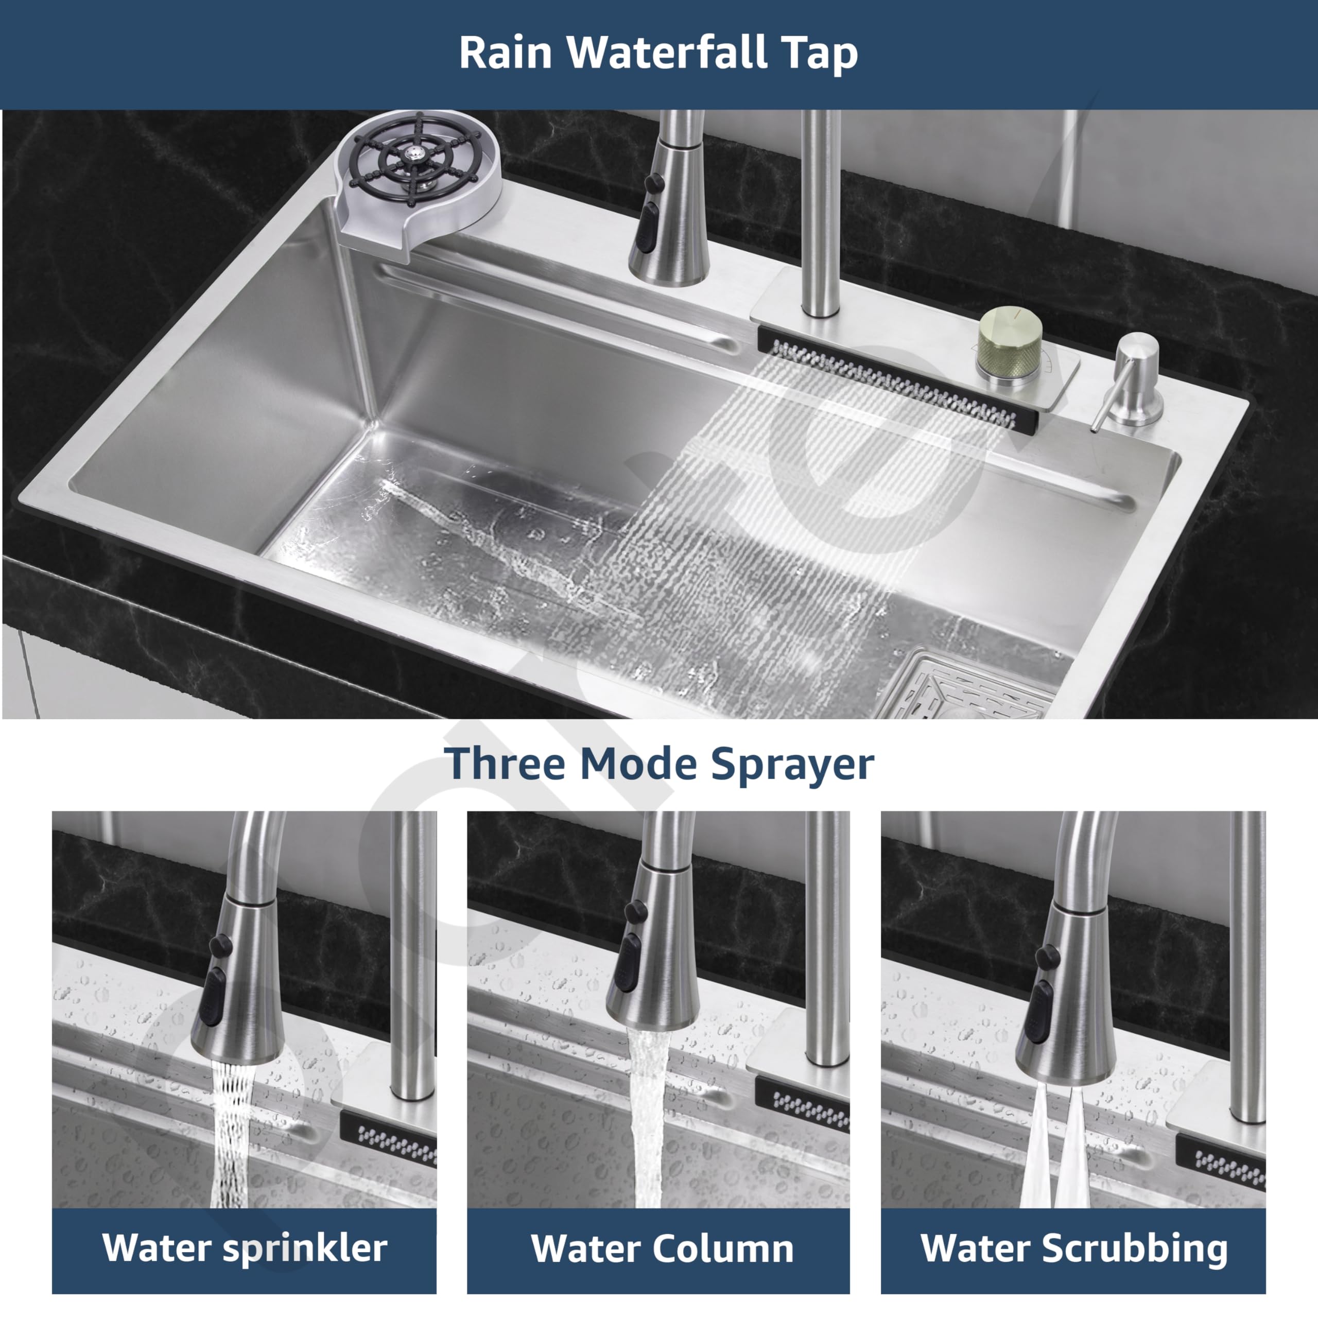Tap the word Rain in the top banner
[x=506, y=53]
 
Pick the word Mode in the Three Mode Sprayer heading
[x=638, y=764]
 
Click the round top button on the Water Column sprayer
[x=636, y=911]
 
